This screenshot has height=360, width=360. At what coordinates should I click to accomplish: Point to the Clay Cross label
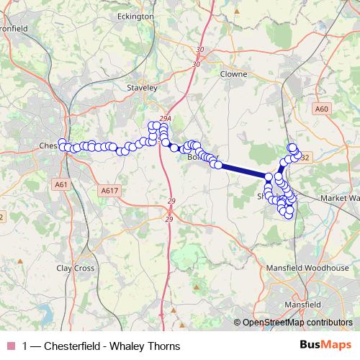pos(76,268)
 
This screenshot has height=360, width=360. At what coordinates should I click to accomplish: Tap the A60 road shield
pos(322,109)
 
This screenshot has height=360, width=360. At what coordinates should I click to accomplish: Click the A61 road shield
pos(60,184)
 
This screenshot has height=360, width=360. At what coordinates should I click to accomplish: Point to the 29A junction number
pos(166,118)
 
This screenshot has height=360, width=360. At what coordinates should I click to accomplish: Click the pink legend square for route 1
pos(10,346)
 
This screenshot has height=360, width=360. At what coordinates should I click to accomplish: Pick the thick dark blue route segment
pos(242,171)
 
